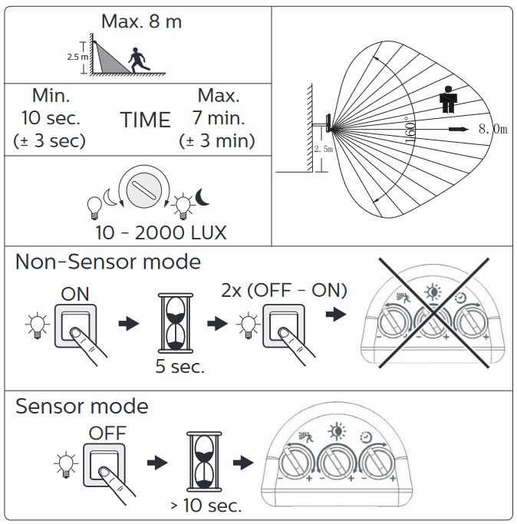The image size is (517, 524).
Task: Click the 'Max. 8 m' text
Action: point(141,21)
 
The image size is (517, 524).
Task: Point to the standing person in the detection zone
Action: point(448,100)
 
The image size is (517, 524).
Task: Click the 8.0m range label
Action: point(493,129)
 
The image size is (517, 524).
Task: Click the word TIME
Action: point(146,120)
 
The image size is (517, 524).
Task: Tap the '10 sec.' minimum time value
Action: point(51,118)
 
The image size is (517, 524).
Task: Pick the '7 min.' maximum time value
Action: point(219,118)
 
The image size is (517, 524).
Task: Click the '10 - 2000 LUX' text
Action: point(161,232)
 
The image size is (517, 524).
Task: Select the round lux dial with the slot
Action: point(143,190)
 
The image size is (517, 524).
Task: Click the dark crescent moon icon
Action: point(202,197)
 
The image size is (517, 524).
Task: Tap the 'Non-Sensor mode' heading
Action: point(108,262)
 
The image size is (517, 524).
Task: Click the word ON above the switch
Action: point(75,294)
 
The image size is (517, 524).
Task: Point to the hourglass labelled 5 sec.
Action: point(176,323)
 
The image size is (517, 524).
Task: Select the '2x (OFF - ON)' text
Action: point(284,291)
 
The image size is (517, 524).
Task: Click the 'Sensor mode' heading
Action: point(82,407)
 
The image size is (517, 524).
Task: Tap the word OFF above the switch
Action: point(107,433)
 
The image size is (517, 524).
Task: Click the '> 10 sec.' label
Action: point(206,505)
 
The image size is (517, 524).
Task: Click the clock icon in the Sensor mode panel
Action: point(366,437)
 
